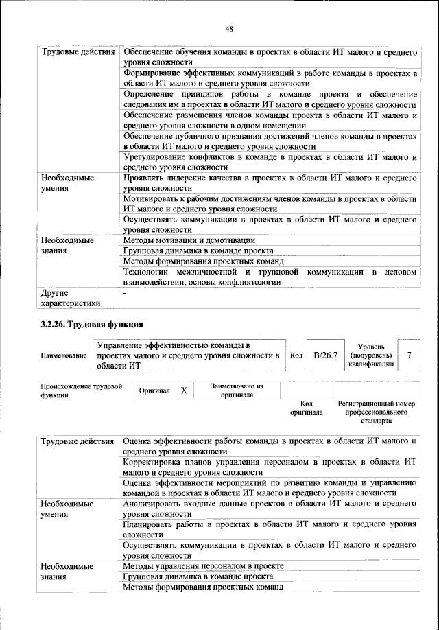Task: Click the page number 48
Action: point(229,28)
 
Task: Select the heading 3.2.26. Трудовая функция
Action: point(91,324)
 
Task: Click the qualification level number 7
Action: point(409,355)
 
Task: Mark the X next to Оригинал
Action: point(184,390)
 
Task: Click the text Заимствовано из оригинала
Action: point(238,390)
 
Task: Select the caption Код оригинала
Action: point(305,408)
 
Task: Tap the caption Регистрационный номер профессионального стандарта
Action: point(377,412)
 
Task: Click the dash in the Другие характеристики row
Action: point(125,293)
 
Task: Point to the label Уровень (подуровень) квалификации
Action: point(371,355)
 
